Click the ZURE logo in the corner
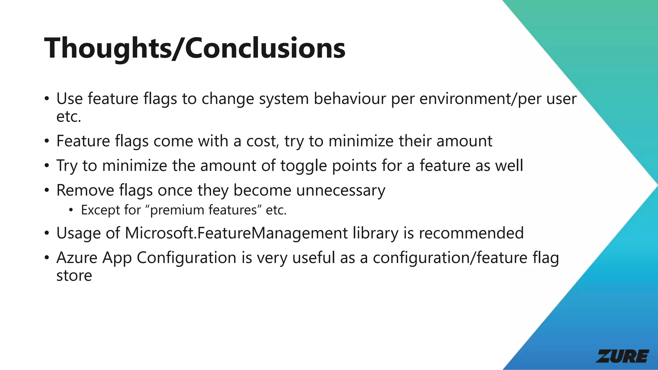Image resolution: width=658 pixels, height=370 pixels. (x=622, y=356)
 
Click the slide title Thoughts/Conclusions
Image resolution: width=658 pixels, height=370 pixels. (x=195, y=48)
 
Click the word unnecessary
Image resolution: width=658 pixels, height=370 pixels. (x=341, y=190)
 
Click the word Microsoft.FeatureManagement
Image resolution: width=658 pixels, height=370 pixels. (x=236, y=233)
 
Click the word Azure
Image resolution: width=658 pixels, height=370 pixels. (x=77, y=258)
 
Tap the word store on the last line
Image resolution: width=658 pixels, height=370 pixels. (x=74, y=276)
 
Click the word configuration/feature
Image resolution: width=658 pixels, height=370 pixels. (x=450, y=258)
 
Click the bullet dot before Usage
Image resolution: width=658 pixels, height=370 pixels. (x=47, y=233)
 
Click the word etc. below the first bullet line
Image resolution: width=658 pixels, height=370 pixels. (x=68, y=117)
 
